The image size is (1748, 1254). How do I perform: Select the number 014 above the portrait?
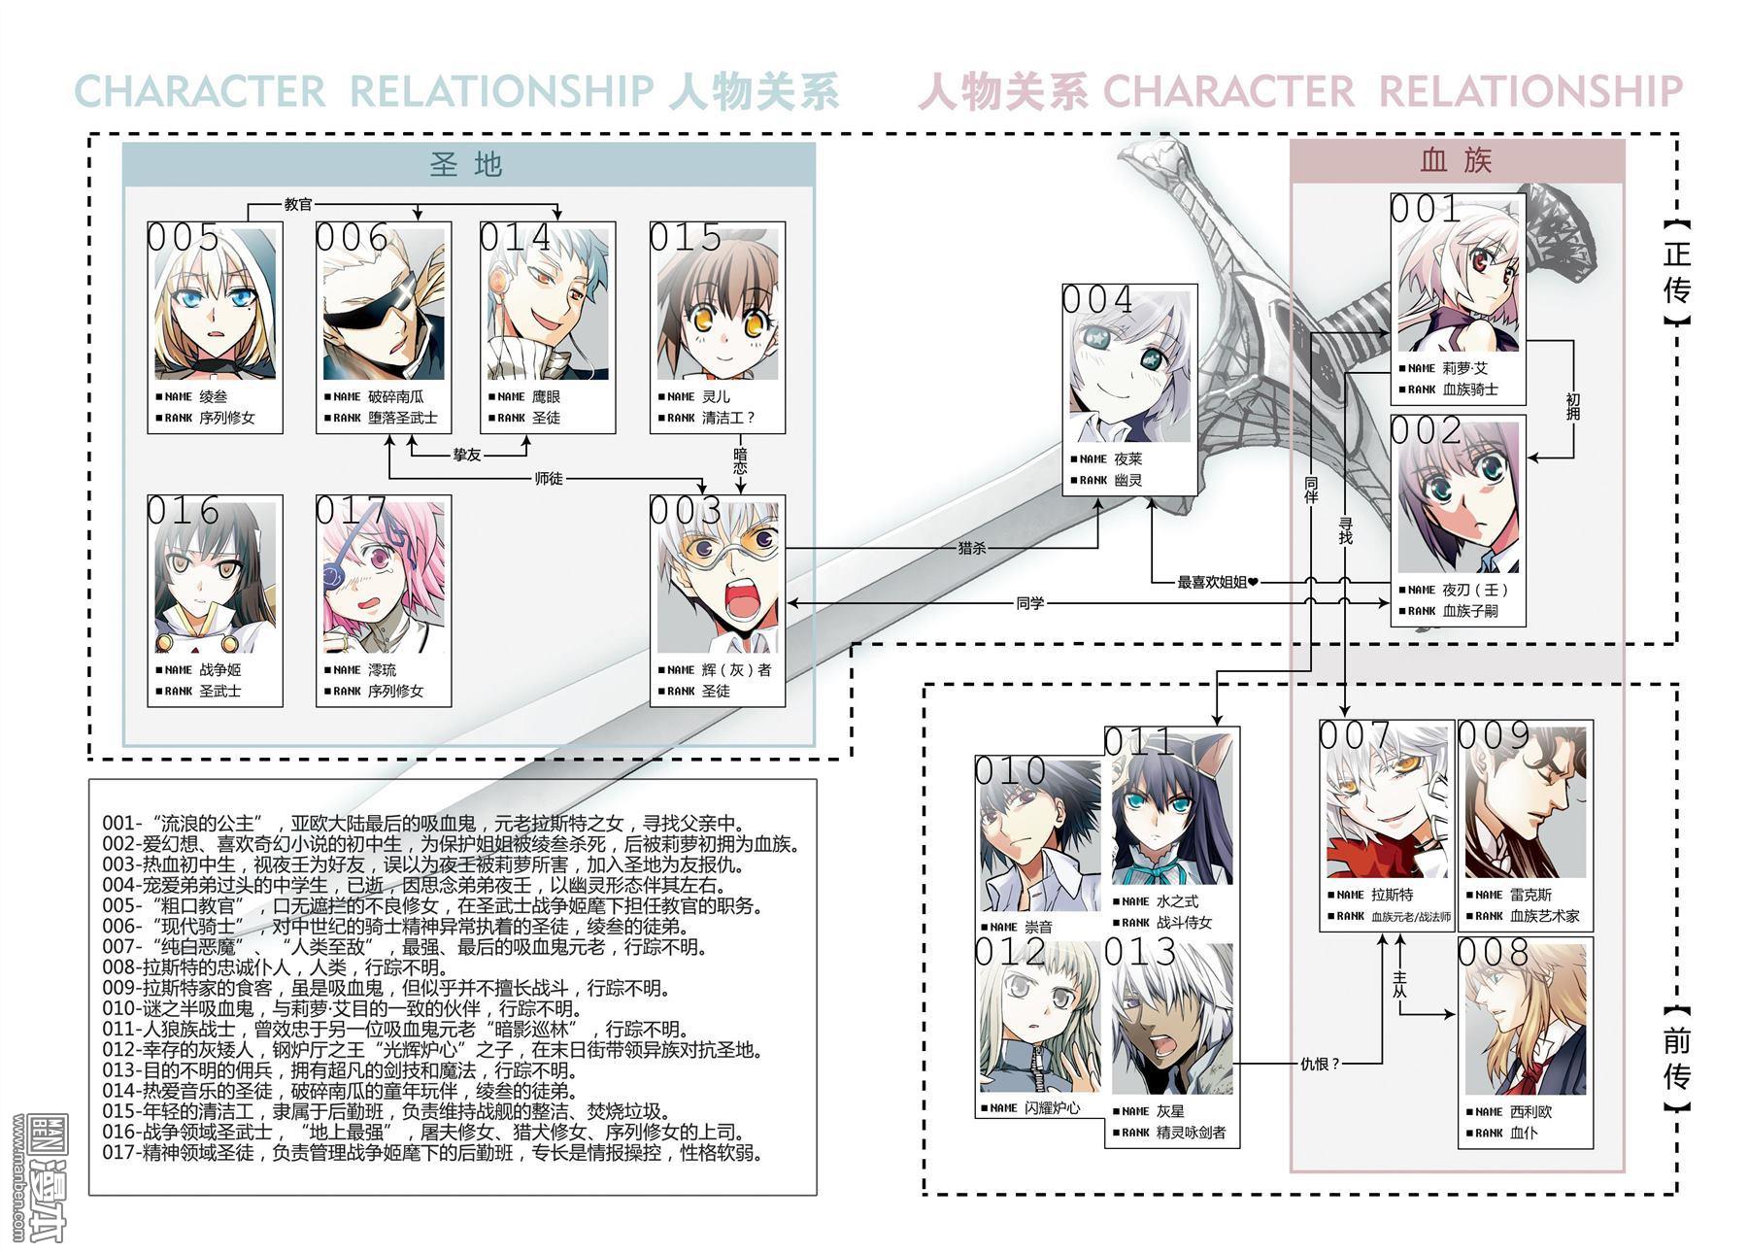point(515,238)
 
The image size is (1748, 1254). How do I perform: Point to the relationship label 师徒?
point(549,478)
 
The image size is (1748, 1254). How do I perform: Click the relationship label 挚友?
point(467,455)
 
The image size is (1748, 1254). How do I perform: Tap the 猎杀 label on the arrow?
point(972,548)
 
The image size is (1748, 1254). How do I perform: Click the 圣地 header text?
point(466,163)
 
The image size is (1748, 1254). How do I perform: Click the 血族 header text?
point(1456,159)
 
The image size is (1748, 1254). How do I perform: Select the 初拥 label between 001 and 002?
point(1572,406)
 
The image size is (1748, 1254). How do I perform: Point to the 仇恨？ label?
point(1320,1063)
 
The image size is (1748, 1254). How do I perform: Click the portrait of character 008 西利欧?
point(1525,1020)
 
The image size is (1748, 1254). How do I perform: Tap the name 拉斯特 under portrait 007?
point(1393,895)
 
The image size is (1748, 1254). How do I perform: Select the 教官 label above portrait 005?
point(298,205)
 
